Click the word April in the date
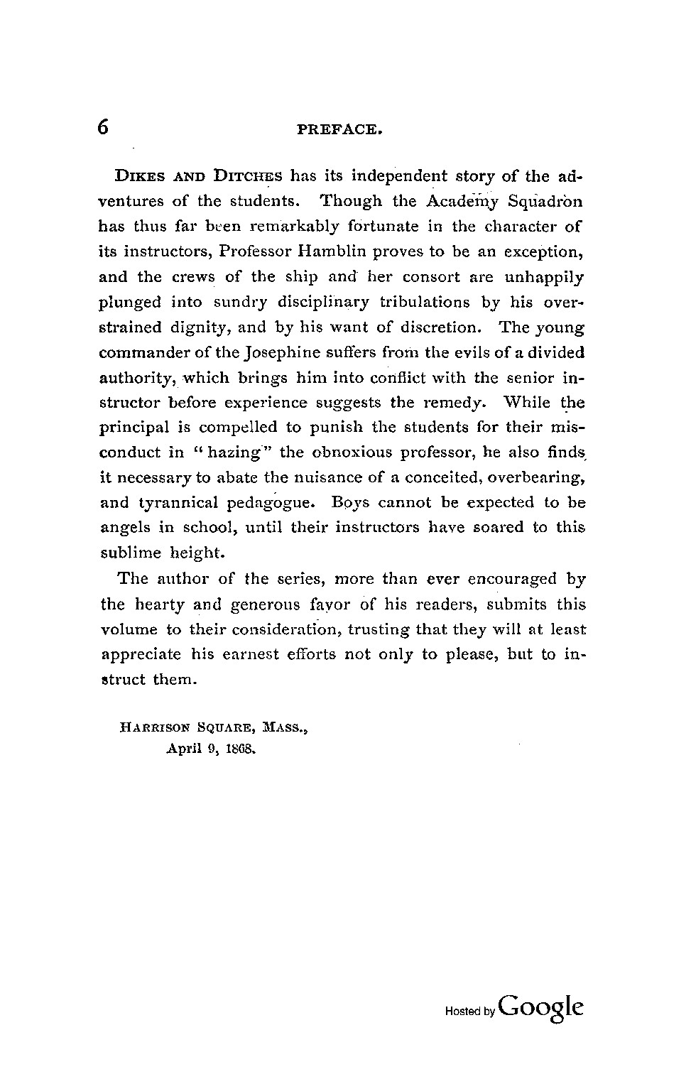click(183, 749)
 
